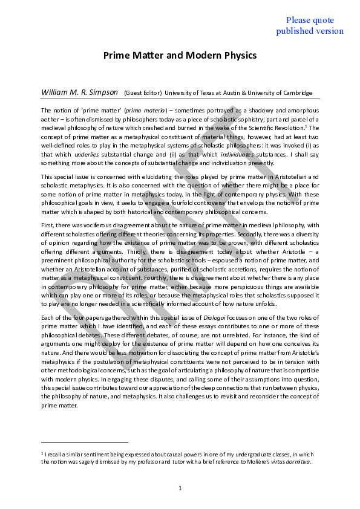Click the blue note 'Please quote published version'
click(310, 25)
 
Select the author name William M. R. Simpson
click(79, 92)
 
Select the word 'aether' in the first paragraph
click(50, 119)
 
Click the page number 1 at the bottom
click(180, 487)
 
